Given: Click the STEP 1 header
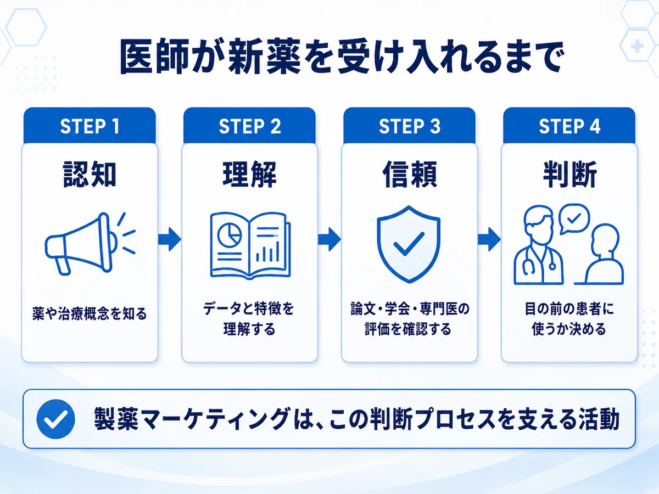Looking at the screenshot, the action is pos(90,126).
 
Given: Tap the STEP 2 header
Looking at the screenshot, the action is pos(249,126).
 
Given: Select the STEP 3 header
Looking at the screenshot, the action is pos(410,126).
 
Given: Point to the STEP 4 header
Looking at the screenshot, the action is pos(569,126).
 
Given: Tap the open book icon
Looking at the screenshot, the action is pos(250,245).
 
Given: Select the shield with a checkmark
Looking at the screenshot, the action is pos(409,244).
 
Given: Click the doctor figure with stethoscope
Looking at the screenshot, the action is pos(539,245).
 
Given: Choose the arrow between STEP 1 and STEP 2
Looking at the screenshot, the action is pos(170,239).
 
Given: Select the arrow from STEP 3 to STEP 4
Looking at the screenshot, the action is pos(489,239).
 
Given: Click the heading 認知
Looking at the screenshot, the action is pos(90,174).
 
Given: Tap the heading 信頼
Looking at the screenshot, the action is pos(410,174).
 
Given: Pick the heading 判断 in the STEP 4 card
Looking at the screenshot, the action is pos(569,174).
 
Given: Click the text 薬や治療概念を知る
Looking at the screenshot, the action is pos(90,314).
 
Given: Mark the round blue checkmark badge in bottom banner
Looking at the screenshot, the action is pos(55,419).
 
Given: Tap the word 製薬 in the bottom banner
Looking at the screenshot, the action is pos(116,419).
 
